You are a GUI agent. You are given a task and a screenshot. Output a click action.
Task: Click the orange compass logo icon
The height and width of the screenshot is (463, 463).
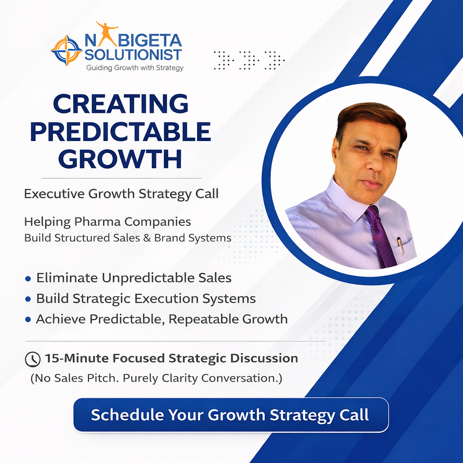point(66,50)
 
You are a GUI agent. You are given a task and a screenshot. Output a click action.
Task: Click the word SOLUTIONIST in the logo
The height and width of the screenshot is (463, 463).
point(133,55)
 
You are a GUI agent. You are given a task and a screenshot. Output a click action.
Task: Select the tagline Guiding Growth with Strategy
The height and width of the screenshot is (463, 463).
point(135,68)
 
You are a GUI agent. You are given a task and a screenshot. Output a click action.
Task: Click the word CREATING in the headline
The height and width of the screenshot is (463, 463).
point(121,104)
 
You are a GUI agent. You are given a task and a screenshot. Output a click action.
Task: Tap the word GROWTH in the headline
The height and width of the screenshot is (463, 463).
point(120,159)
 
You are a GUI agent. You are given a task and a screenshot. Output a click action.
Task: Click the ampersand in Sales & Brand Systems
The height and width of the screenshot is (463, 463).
point(147,238)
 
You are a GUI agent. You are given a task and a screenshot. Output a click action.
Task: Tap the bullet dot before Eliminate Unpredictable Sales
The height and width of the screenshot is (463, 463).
point(28,279)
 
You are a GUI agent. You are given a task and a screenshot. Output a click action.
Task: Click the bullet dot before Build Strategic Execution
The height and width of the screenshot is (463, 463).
point(28,299)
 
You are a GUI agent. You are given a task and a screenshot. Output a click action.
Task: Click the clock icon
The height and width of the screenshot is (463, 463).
point(33,359)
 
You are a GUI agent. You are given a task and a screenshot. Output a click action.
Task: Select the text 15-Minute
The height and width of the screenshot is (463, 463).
point(76,358)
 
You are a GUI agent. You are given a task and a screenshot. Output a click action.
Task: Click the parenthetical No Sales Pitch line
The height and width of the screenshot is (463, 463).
point(156,378)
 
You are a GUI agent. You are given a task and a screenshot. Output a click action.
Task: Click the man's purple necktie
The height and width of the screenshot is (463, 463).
point(381,236)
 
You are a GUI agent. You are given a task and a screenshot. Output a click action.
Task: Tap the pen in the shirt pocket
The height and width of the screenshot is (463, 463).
point(401,246)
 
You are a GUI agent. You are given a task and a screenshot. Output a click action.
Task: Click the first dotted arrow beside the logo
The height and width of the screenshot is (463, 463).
point(224,60)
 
